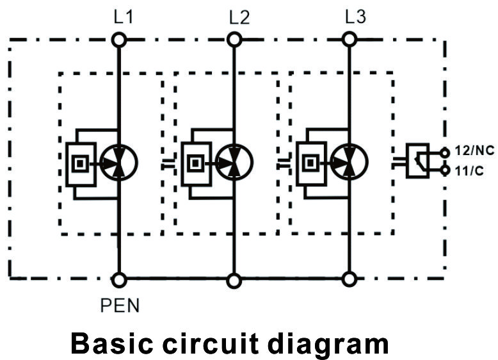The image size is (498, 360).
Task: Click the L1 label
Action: click(x=124, y=17)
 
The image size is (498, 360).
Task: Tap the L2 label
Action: click(x=239, y=17)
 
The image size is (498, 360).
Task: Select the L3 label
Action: click(x=355, y=17)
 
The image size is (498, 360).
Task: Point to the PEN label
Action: click(x=120, y=306)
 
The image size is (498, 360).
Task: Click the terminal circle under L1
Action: click(x=119, y=40)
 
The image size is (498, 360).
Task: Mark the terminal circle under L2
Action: click(x=234, y=40)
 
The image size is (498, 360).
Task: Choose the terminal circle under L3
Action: click(x=349, y=40)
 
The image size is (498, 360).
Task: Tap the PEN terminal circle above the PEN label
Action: click(x=119, y=280)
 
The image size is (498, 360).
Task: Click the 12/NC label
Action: click(x=474, y=151)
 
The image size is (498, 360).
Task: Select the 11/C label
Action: click(x=469, y=171)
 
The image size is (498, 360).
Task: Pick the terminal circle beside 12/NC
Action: click(x=446, y=153)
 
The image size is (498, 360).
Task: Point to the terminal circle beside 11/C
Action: click(x=446, y=170)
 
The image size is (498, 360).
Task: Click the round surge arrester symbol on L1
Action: click(x=118, y=163)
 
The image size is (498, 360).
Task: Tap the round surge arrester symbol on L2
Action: click(x=234, y=162)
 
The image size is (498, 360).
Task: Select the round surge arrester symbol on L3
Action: click(x=349, y=162)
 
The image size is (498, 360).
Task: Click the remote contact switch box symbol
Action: click(x=417, y=160)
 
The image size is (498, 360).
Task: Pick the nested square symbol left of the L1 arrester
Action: click(x=80, y=163)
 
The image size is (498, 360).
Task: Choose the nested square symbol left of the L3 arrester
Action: click(x=310, y=163)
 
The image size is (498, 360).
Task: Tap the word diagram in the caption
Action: click(x=328, y=345)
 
